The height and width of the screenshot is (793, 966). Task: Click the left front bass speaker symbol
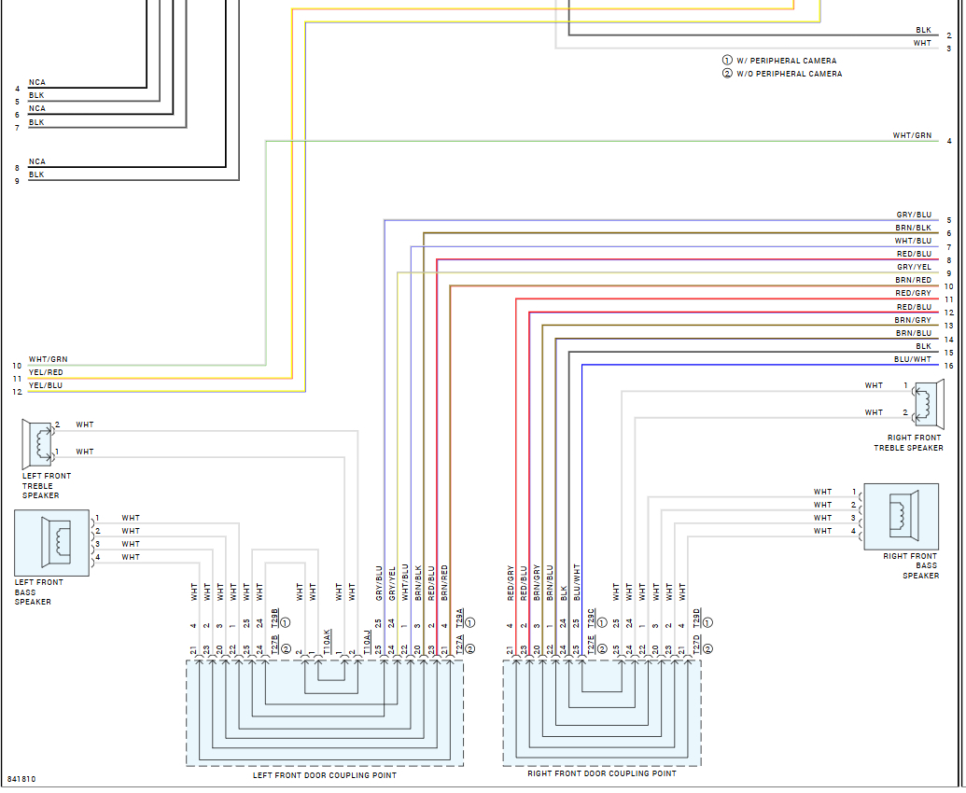[x=52, y=540]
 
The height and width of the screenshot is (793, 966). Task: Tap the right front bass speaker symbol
[x=901, y=516]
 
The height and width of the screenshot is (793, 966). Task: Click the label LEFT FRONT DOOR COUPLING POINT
[x=325, y=775]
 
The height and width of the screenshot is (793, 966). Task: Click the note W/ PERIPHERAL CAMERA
[x=786, y=61]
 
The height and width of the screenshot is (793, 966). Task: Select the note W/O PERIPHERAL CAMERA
[x=789, y=74]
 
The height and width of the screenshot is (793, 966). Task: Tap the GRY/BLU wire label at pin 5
[x=914, y=215]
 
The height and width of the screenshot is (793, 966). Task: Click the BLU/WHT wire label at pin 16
[x=912, y=359]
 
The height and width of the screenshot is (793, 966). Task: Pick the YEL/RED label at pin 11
[x=46, y=372]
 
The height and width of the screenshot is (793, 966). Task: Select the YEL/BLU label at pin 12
[x=46, y=385]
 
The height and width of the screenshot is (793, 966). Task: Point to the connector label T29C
[x=591, y=618]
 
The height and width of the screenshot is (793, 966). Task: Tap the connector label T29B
[x=274, y=618]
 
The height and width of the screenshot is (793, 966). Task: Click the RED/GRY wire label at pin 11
[x=914, y=293]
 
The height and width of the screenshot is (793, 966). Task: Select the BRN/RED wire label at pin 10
[x=914, y=280]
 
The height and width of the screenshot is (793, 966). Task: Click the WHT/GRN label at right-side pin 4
[x=912, y=135]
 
